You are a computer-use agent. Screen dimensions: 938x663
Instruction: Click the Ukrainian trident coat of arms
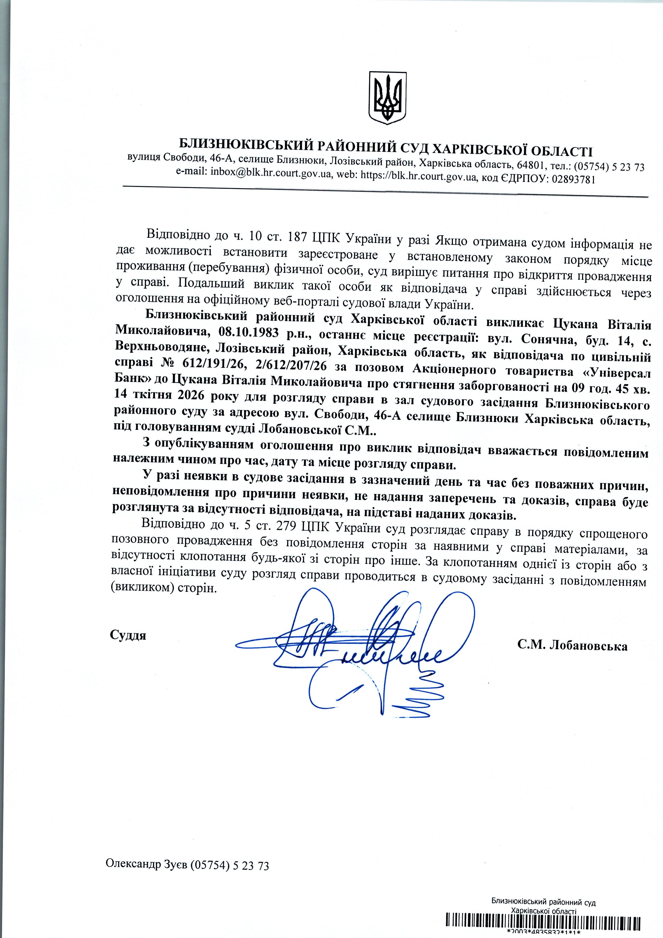387,98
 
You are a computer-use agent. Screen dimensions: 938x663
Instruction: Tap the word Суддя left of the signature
128,635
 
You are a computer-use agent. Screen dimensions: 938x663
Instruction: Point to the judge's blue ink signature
359,645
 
